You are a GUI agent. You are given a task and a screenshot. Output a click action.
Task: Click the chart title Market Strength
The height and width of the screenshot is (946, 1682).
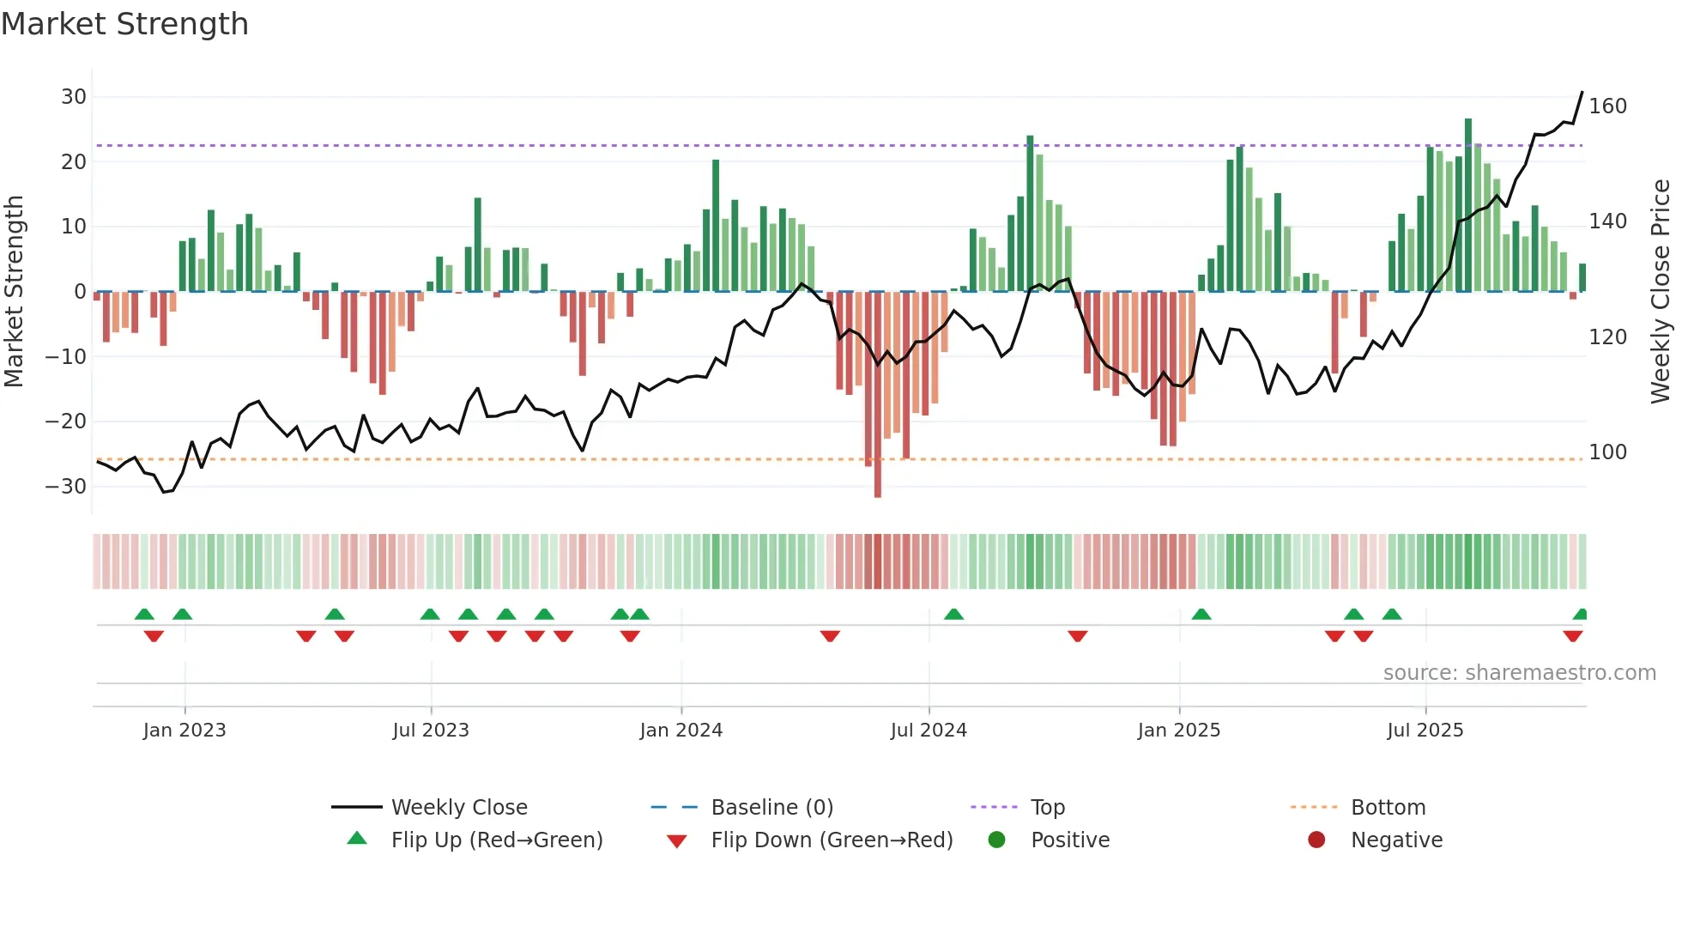point(124,24)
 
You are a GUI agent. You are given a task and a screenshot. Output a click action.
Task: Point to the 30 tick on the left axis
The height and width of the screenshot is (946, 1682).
point(73,97)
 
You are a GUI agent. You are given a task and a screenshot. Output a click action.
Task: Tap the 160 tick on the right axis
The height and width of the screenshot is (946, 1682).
point(1607,106)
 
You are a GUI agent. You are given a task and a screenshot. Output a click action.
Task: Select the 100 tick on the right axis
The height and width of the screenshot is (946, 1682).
point(1607,452)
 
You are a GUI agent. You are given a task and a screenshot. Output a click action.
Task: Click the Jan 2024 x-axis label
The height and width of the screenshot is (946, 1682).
point(681,731)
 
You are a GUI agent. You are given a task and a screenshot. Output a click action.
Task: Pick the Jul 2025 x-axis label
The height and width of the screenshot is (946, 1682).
point(1425,731)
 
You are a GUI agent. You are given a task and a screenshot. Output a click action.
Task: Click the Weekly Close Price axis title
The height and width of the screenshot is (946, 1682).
point(1661,292)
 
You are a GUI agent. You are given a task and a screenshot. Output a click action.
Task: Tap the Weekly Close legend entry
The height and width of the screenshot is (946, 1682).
point(458,808)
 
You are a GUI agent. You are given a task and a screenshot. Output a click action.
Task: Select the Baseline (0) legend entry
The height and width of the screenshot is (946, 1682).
point(771,808)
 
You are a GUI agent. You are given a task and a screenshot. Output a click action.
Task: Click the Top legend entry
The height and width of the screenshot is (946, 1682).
point(1047,808)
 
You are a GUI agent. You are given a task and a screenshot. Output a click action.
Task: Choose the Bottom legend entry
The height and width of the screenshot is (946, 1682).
point(1388,808)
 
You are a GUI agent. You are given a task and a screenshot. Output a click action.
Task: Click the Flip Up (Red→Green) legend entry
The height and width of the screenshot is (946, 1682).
point(496,840)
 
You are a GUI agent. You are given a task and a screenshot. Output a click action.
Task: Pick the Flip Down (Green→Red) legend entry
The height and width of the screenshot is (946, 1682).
point(831,840)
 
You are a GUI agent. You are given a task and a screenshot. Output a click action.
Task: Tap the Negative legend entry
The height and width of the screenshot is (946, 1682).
point(1395,840)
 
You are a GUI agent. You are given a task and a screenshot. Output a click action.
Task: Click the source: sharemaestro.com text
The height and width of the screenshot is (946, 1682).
point(1519,673)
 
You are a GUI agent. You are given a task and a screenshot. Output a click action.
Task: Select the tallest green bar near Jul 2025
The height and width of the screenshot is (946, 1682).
point(1468,206)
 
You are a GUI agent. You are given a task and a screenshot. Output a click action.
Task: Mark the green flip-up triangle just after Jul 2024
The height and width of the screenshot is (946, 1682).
point(953,614)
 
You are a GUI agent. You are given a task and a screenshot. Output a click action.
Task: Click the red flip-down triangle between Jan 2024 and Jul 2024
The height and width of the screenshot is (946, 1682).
point(830,636)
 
